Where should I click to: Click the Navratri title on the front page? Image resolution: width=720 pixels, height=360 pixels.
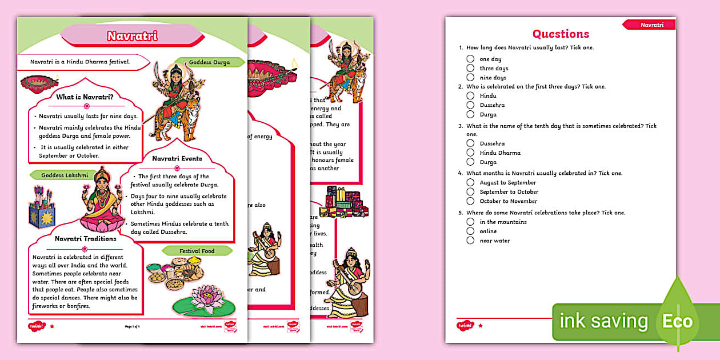click(133, 36)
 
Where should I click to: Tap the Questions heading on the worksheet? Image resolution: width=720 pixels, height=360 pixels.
click(560, 34)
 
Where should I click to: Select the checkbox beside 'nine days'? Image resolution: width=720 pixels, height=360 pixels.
click(470, 77)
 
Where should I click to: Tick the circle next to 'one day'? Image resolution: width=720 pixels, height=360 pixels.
click(470, 59)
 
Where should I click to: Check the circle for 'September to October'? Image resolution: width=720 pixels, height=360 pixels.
click(470, 191)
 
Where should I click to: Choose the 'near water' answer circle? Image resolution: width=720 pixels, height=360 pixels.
click(470, 241)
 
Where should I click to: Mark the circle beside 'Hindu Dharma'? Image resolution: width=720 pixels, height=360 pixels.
click(470, 153)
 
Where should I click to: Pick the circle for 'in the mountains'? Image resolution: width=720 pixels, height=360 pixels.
click(470, 222)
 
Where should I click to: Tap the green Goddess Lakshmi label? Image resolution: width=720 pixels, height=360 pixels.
click(65, 175)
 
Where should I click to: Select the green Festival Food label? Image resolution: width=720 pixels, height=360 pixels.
click(197, 250)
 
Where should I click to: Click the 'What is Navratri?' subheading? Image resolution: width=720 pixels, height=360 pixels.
click(85, 97)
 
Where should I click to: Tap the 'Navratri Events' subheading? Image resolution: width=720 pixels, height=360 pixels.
click(177, 158)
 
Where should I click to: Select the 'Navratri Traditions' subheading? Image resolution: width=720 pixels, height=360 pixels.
click(85, 238)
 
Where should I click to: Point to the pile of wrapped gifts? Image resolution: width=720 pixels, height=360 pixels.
click(344, 203)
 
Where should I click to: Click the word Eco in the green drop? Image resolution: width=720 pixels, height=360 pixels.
click(677, 321)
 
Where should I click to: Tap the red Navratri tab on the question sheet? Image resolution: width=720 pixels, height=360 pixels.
click(650, 25)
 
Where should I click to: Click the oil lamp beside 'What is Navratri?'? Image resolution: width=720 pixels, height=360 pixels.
click(39, 83)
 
